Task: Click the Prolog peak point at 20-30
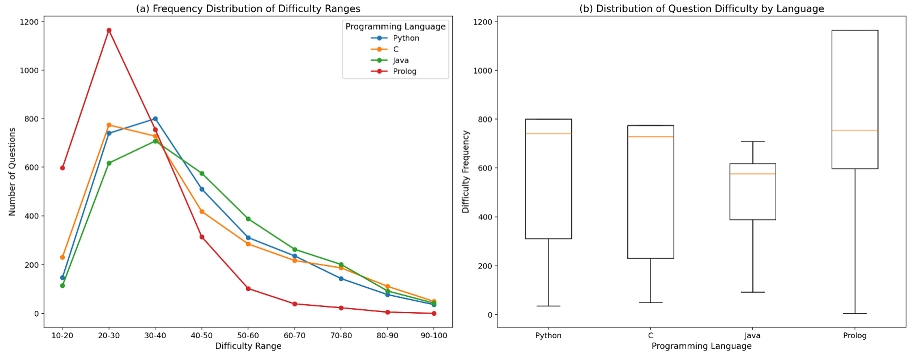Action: tap(109, 30)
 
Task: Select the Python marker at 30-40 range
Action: tap(155, 119)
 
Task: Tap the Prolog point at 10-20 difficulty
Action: tap(63, 168)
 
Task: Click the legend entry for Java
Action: tap(401, 60)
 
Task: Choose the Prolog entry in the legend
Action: tap(404, 71)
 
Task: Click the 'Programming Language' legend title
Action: tap(395, 26)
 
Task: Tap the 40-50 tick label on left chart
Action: tap(202, 335)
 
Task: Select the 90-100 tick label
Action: tap(434, 335)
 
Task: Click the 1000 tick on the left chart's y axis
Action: tap(29, 71)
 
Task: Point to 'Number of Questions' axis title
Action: tap(12, 172)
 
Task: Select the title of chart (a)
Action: tap(248, 8)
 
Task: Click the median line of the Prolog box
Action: tap(854, 130)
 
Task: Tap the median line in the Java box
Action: tap(752, 174)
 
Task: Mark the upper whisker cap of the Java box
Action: tap(752, 142)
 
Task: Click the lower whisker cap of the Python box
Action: tap(548, 306)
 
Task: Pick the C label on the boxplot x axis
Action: tap(650, 335)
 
